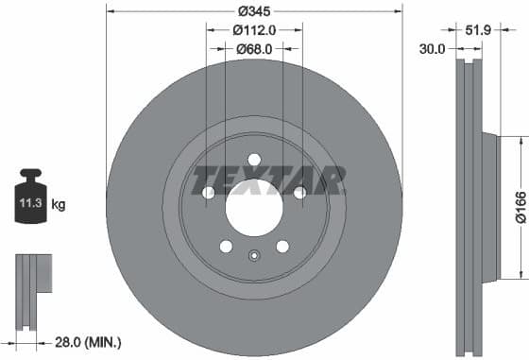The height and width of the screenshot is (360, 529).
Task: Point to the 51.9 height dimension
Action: (478, 31)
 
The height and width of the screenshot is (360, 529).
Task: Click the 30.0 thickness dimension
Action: (434, 49)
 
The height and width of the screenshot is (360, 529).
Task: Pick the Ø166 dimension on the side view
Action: (519, 207)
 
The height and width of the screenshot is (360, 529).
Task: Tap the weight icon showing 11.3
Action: (31, 197)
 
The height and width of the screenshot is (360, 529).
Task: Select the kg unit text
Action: (59, 204)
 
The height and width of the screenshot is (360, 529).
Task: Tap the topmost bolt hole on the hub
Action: (254, 159)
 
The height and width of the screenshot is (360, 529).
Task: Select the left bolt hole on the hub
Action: (209, 193)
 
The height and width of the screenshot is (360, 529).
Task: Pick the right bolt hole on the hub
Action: (300, 193)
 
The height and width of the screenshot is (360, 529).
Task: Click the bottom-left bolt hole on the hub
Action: (226, 246)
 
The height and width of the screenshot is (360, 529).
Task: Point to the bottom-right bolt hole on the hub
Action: (282, 246)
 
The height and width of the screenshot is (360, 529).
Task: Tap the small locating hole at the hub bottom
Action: (254, 255)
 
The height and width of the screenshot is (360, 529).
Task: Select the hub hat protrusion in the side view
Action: (489, 207)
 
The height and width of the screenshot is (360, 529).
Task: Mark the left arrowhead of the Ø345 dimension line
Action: (109, 11)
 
